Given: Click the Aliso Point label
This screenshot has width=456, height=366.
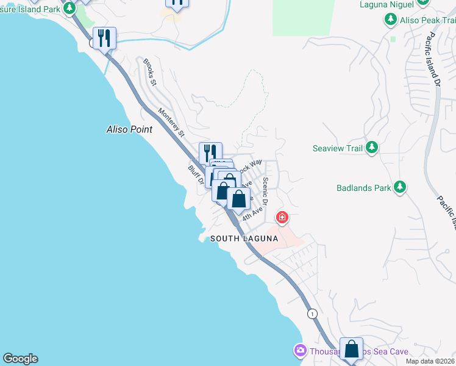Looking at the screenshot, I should click(129, 129).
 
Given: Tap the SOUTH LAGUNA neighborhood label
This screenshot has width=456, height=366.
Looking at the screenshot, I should click(244, 239).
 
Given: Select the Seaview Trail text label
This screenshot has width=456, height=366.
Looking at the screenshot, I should click(338, 148).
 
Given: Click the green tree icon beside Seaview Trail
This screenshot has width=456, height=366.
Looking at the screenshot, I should click(371, 148).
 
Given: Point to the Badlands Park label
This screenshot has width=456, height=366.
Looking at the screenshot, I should click(364, 188).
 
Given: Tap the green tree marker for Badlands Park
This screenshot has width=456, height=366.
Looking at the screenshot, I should click(399, 187).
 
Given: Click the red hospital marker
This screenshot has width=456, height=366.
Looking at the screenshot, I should click(282, 217).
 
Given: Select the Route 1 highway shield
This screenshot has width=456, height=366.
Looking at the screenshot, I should click(313, 314).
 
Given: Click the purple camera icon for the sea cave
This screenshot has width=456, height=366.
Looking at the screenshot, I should click(300, 351).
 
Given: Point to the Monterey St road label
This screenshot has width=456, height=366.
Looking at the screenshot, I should click(171, 122).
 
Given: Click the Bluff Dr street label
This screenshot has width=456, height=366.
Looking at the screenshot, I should click(194, 175).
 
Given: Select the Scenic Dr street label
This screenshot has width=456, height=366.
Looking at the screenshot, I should click(265, 192).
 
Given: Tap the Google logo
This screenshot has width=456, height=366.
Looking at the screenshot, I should click(20, 359).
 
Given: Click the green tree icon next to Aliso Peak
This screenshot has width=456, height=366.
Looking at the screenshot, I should click(391, 20).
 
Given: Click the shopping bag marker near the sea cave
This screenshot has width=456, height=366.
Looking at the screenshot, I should click(352, 349).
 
